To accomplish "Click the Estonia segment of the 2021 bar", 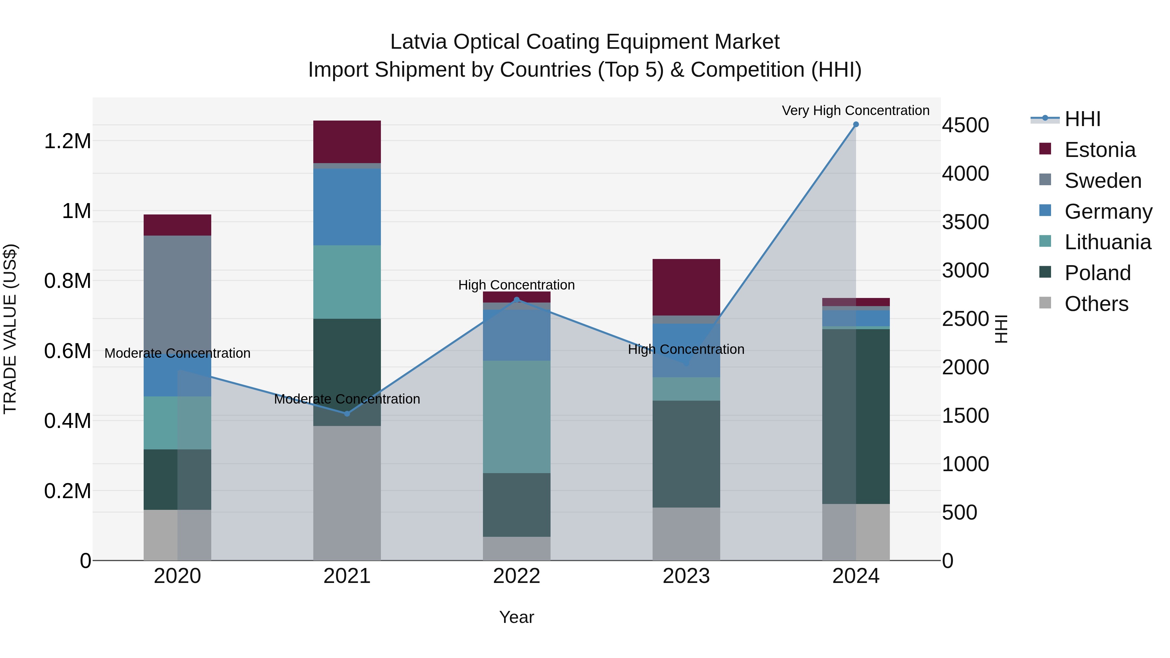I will click(347, 142).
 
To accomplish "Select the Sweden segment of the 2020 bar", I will click(177, 295).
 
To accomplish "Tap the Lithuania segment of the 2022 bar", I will click(516, 417).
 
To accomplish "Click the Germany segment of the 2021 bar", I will click(347, 207).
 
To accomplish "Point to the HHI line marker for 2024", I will click(856, 124).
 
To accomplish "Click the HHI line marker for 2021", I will click(347, 414).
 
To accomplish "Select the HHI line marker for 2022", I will click(516, 300).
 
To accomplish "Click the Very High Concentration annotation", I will click(855, 110).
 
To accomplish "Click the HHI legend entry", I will click(1082, 119).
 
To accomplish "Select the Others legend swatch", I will click(1045, 303).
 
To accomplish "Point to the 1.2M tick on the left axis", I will click(67, 141).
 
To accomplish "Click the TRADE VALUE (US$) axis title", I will click(10, 329).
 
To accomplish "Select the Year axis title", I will click(516, 617).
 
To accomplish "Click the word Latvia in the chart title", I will click(418, 42).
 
